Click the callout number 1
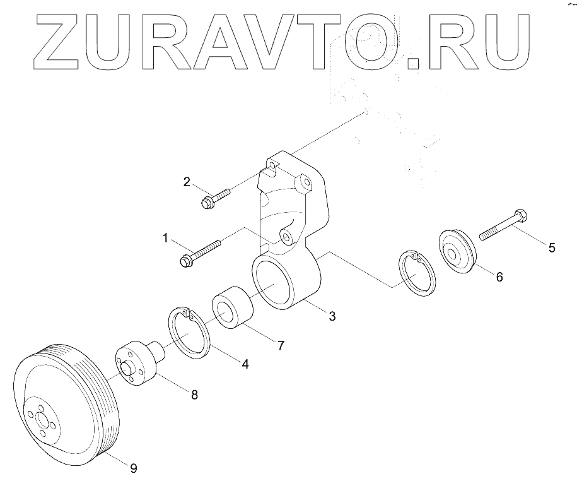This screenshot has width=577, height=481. [165, 238]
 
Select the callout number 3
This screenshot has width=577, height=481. [331, 316]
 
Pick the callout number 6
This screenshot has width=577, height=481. [499, 276]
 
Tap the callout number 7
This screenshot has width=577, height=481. [281, 345]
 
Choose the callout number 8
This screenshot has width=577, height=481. [194, 395]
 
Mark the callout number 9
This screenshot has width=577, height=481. [133, 468]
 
